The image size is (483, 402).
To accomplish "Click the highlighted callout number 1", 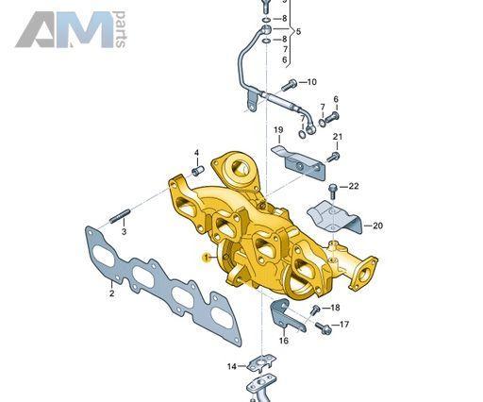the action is pos(207,258).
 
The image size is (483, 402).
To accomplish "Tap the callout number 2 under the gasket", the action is pos(111,293).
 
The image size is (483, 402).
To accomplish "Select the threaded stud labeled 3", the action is pos(120,216).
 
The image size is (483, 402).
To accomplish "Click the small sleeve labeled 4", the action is pos(198,171).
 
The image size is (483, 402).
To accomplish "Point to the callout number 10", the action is pos(311,82).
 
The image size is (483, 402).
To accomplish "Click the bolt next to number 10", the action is pos(289,85).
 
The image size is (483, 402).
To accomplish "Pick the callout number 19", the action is pos(278,130).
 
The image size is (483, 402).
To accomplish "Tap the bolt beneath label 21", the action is pos(333,157).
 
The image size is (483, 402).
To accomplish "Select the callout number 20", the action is pos(377,226).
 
